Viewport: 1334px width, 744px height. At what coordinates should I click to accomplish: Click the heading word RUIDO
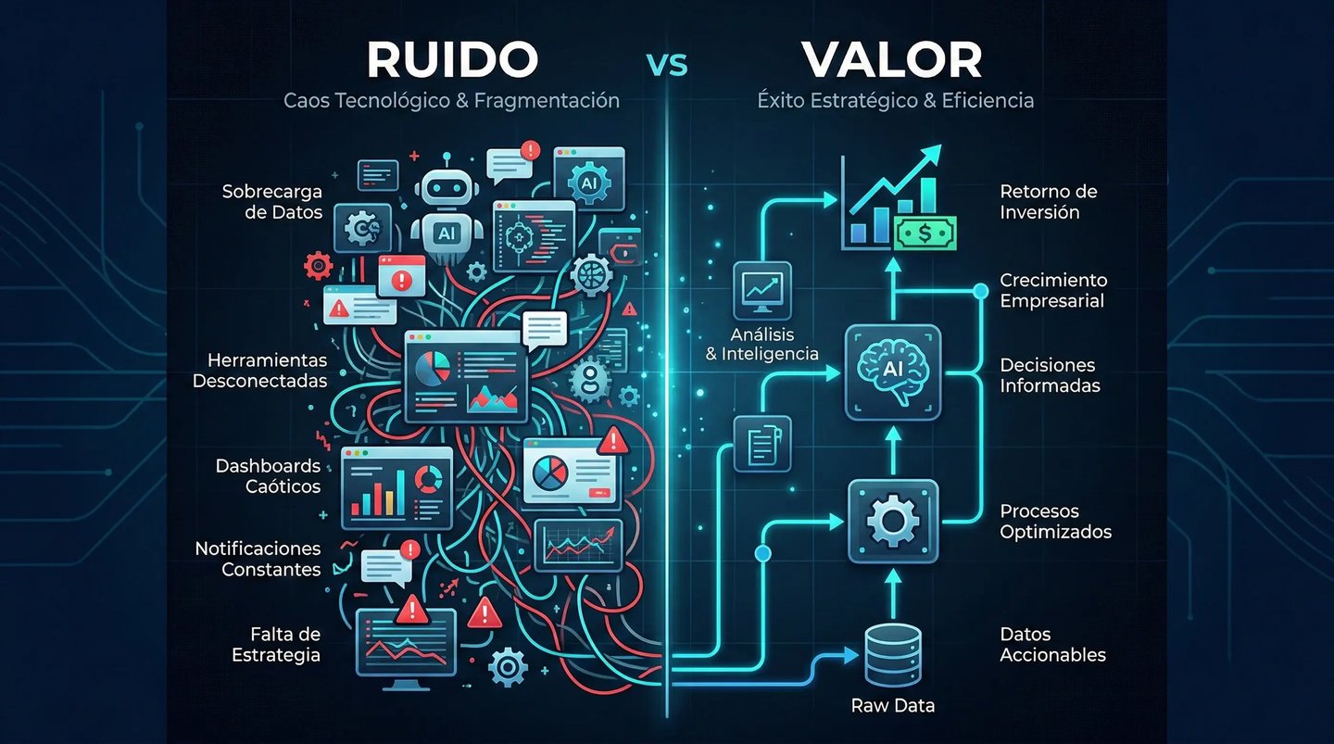pyautogui.click(x=452, y=60)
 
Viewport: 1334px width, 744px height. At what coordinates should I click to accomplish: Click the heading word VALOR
pyautogui.click(x=892, y=60)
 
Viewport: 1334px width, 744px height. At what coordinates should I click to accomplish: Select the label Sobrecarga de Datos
pyautogui.click(x=271, y=202)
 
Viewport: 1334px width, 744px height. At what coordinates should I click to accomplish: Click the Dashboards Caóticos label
pyautogui.click(x=268, y=476)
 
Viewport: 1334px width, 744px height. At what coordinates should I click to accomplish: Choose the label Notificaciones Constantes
pyautogui.click(x=258, y=560)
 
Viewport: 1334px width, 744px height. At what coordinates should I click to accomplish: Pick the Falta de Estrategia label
pyautogui.click(x=275, y=644)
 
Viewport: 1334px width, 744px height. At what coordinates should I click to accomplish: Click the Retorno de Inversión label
pyautogui.click(x=1048, y=202)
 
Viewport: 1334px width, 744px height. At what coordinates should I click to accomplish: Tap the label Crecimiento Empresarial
pyautogui.click(x=1052, y=290)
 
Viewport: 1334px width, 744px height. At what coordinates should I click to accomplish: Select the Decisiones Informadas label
pyautogui.click(x=1050, y=375)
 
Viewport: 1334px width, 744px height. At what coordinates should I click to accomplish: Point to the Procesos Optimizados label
pyautogui.click(x=1055, y=522)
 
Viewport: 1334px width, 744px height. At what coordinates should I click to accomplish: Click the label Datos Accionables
pyautogui.click(x=1052, y=645)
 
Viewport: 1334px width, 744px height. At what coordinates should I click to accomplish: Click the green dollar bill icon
pyautogui.click(x=925, y=233)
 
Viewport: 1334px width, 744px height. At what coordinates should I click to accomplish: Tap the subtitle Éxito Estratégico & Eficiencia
pyautogui.click(x=891, y=100)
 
